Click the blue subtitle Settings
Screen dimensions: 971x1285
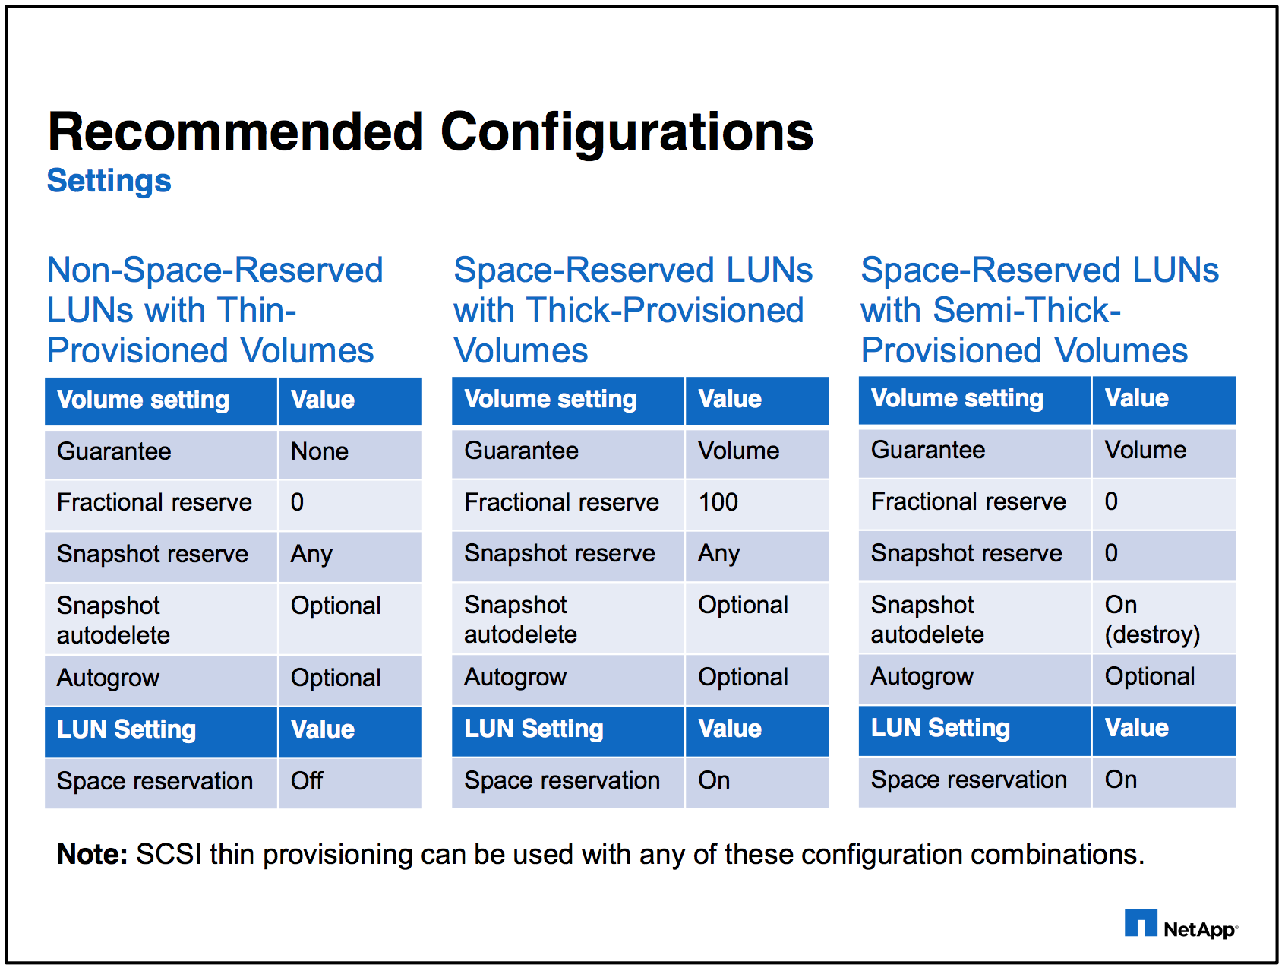(x=109, y=182)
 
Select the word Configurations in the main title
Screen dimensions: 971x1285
(x=627, y=132)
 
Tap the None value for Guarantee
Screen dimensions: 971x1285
(x=320, y=452)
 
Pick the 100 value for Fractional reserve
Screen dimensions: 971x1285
(x=718, y=502)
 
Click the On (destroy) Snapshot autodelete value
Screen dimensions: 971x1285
(x=1151, y=619)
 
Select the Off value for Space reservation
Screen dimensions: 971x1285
(x=307, y=781)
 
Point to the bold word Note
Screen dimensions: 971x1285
(x=92, y=855)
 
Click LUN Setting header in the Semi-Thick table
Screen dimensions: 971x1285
(x=940, y=728)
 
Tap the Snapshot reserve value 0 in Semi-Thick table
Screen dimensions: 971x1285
(x=1111, y=553)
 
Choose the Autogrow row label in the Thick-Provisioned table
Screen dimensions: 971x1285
(x=515, y=677)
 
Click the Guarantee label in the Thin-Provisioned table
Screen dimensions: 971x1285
(x=114, y=452)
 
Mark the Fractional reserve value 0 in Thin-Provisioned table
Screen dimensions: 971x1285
(x=297, y=502)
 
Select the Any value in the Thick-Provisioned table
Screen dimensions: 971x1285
(x=718, y=554)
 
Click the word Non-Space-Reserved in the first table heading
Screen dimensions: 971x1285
(x=215, y=270)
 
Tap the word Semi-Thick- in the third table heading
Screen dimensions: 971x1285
(x=1027, y=311)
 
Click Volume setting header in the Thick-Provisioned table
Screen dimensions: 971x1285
(x=550, y=400)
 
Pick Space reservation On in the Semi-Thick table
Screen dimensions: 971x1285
(x=1120, y=780)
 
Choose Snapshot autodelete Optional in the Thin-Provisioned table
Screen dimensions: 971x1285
(x=336, y=606)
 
